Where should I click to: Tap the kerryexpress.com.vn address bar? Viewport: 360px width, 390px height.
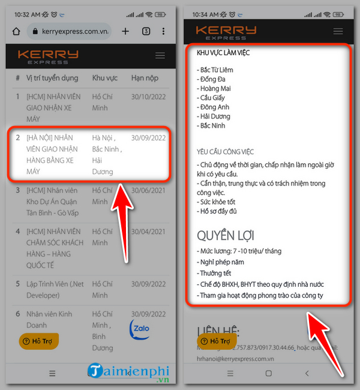point(70,31)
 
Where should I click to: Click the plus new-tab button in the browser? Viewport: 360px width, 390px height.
point(125,31)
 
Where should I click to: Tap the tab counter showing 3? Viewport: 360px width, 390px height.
point(146,31)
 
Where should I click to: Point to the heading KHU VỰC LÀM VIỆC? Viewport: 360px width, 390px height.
point(223,53)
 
